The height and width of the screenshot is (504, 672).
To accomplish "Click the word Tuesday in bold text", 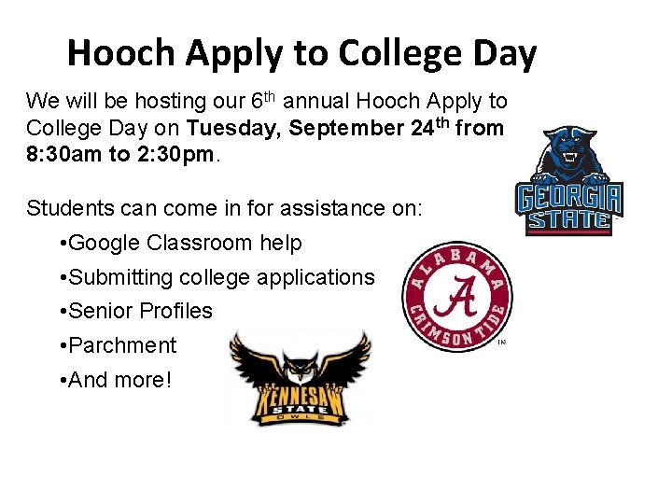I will (x=233, y=128).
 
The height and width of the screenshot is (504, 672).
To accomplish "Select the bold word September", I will (x=347, y=128).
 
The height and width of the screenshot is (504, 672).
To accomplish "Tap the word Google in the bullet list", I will (x=105, y=243).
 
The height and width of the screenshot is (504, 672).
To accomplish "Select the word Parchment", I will (x=122, y=345).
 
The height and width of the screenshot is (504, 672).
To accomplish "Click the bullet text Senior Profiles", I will (x=141, y=311).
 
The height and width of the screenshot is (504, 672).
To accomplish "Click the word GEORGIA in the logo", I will (x=568, y=200).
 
